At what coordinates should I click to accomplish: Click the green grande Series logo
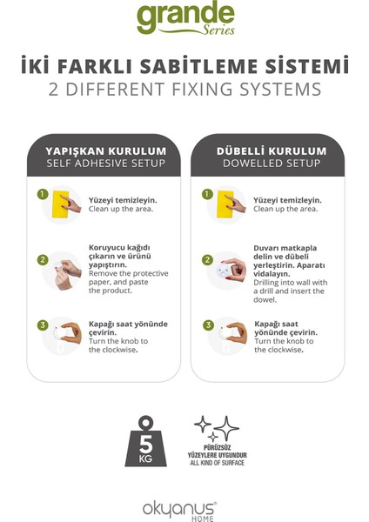pos(185,17)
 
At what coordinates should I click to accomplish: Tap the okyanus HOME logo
pos(179,511)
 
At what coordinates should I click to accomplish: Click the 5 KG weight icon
pos(146,441)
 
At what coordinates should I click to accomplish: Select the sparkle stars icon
pos(217,428)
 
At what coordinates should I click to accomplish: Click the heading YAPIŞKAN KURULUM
pos(106,151)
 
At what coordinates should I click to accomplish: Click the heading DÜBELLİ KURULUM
pos(272,151)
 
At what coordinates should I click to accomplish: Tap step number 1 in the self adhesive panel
pos(43,194)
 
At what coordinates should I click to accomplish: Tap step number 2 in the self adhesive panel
pos(43,259)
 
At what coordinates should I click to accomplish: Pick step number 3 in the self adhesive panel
pos(43,325)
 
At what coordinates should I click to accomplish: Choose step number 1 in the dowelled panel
pos(207,194)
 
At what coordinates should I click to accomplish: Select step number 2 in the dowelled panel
pos(207,259)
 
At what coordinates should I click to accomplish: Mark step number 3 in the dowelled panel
pos(208,325)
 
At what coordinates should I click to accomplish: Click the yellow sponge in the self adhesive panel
pos(61,204)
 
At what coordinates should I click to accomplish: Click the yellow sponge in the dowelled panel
pos(225,204)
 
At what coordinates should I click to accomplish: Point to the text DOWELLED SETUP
pos(272,164)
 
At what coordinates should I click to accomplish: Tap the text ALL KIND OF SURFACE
pos(218,463)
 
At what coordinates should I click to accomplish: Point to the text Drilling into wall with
pos(291,283)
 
